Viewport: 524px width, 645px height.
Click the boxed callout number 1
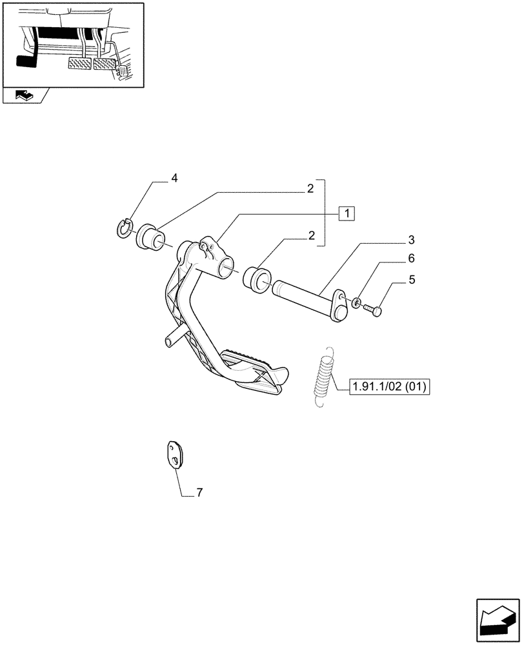tap(347, 213)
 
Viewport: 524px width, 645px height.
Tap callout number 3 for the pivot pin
tap(410, 240)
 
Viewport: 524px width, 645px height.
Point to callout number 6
tap(410, 259)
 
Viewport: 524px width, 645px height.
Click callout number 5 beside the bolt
tap(410, 280)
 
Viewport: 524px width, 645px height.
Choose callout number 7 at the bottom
tap(199, 493)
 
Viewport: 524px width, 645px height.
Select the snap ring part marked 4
tap(125, 228)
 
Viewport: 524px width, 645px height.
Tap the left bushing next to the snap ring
tap(150, 237)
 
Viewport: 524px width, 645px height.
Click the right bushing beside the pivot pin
tap(257, 281)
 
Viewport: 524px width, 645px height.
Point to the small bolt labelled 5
tap(373, 310)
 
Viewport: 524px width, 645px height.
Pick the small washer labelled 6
tap(356, 302)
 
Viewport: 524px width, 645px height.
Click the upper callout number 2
tap(310, 188)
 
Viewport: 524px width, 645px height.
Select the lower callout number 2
tap(311, 235)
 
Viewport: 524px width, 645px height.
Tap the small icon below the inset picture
tap(24, 97)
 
